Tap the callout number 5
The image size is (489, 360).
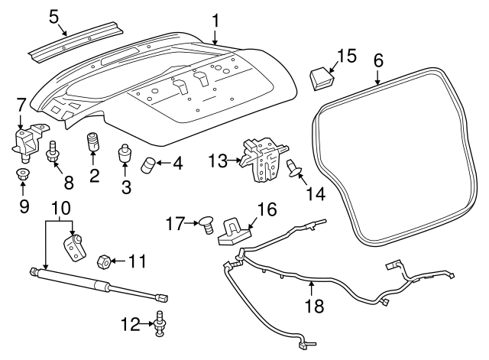point(53,15)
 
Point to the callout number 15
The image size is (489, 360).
point(346,55)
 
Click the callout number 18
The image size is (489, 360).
point(313,306)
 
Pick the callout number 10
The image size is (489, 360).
point(60,206)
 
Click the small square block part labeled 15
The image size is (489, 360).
point(321,77)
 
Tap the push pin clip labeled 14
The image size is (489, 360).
point(293,168)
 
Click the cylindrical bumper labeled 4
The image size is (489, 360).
point(147,164)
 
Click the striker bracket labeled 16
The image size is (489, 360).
point(232,229)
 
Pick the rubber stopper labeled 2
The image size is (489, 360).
point(94,144)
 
